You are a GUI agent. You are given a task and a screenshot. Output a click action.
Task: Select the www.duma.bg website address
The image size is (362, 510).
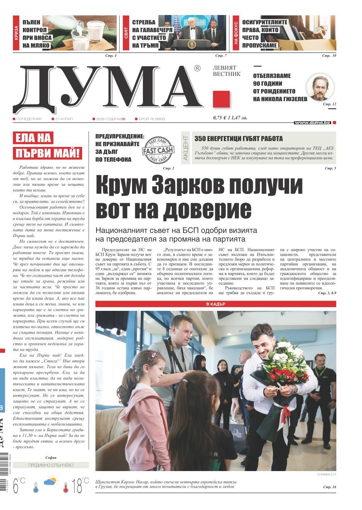312,122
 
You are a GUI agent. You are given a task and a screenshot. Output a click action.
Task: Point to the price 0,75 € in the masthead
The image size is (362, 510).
220,118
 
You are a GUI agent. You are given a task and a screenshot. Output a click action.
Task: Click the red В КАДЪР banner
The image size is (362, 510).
216,304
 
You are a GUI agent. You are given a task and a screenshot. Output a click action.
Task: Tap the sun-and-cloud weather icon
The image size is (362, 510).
50,482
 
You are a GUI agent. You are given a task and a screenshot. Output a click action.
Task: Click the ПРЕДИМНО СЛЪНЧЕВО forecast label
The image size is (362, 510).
51,465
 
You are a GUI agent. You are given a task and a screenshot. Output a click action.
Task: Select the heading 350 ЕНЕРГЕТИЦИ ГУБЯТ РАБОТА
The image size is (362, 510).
238,139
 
